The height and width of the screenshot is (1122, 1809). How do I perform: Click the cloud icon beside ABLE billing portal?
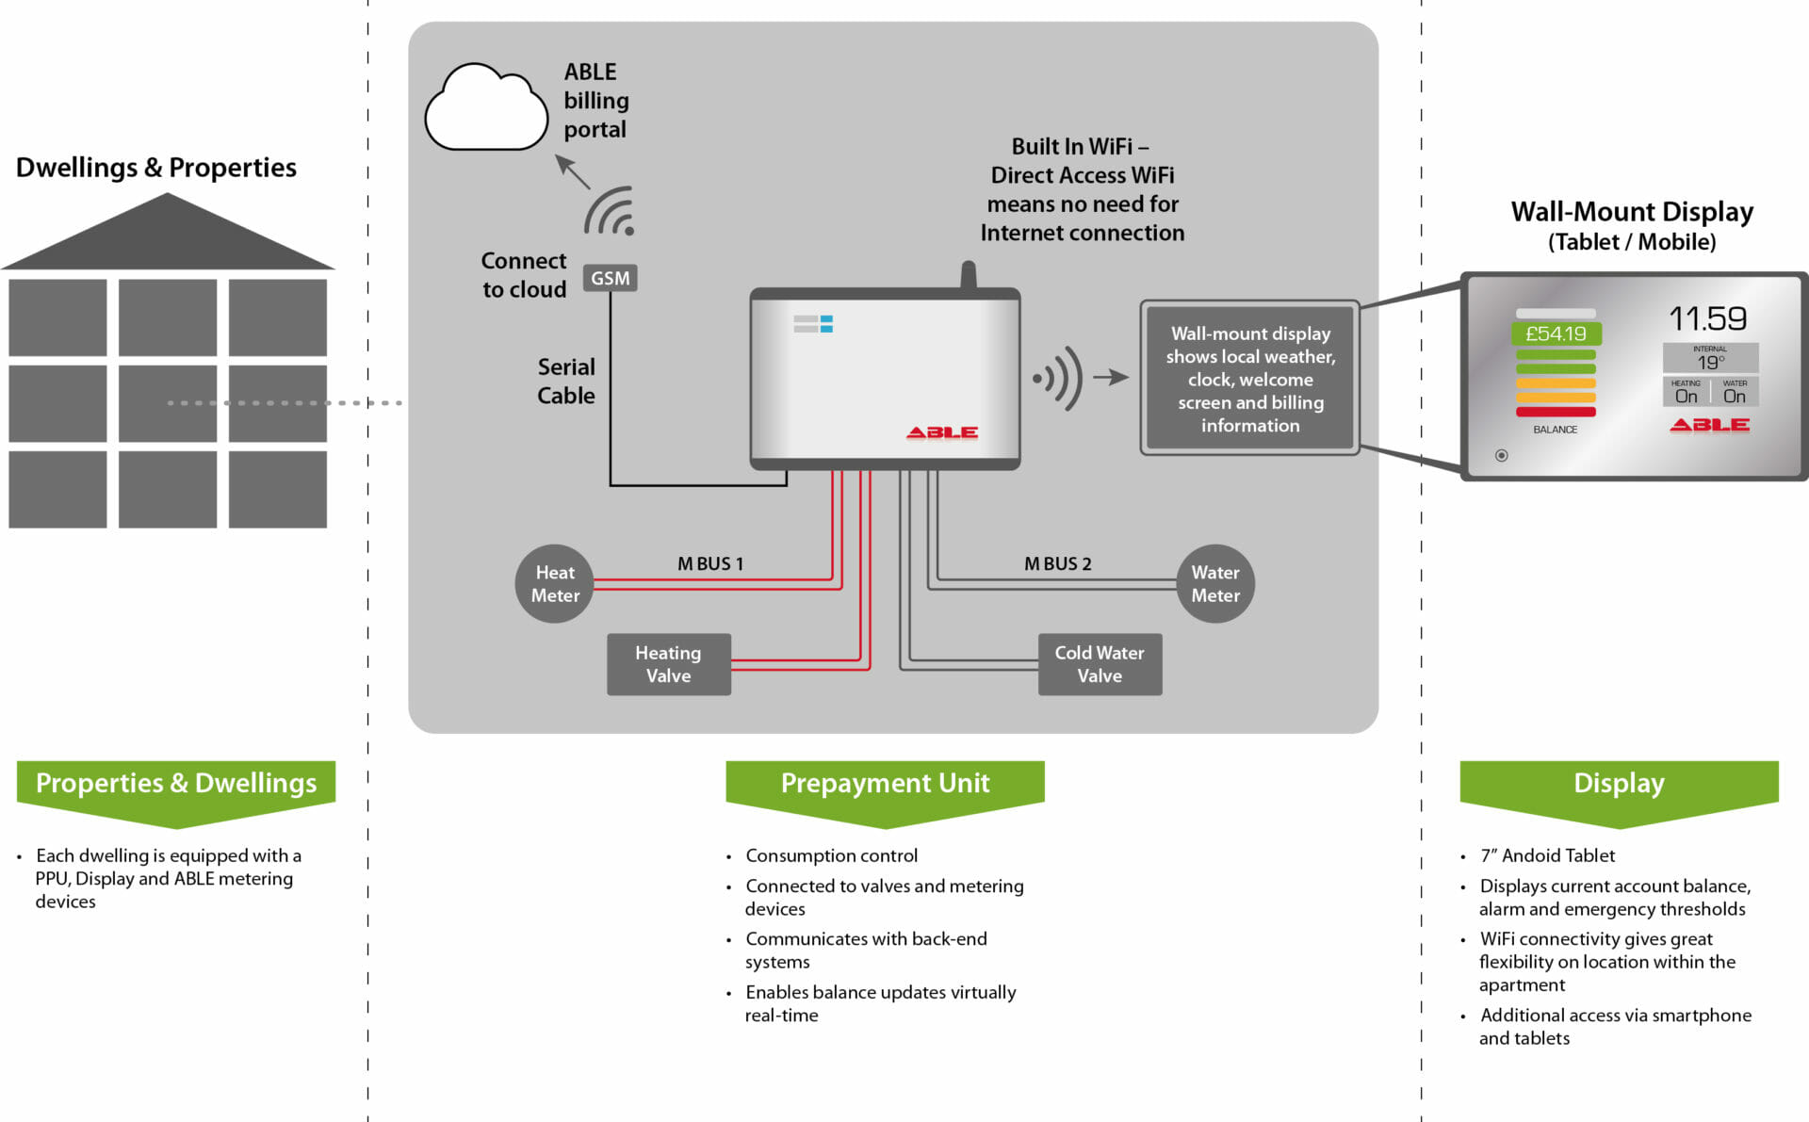click(486, 108)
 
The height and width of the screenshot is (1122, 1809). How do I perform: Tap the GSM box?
click(610, 278)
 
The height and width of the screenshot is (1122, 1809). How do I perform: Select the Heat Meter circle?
click(555, 584)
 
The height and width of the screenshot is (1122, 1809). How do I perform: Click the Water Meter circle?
click(1215, 584)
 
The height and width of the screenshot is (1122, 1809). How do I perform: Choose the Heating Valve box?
click(668, 664)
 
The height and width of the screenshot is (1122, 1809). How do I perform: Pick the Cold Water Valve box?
click(1100, 664)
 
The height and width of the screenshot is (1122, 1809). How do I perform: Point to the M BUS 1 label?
click(710, 563)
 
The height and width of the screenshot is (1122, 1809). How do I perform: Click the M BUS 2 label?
click(1057, 563)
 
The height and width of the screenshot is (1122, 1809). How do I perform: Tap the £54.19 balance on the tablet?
click(1556, 333)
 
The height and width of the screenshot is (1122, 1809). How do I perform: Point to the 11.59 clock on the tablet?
click(1707, 318)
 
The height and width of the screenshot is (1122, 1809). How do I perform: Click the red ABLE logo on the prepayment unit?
click(941, 432)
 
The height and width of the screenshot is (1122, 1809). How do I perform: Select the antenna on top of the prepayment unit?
click(968, 274)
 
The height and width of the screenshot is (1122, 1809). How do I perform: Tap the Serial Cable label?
click(565, 381)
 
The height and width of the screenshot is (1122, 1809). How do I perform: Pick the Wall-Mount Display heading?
click(1632, 212)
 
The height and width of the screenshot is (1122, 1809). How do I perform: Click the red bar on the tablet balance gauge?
click(1556, 412)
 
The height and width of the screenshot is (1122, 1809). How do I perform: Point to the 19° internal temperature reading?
click(1710, 363)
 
